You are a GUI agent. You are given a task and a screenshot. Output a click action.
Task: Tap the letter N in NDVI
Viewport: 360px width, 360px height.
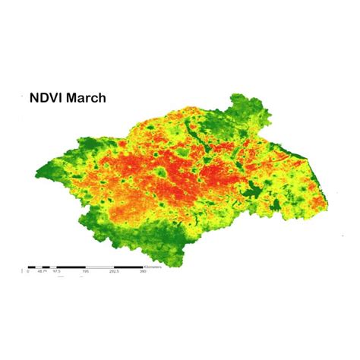(34, 98)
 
